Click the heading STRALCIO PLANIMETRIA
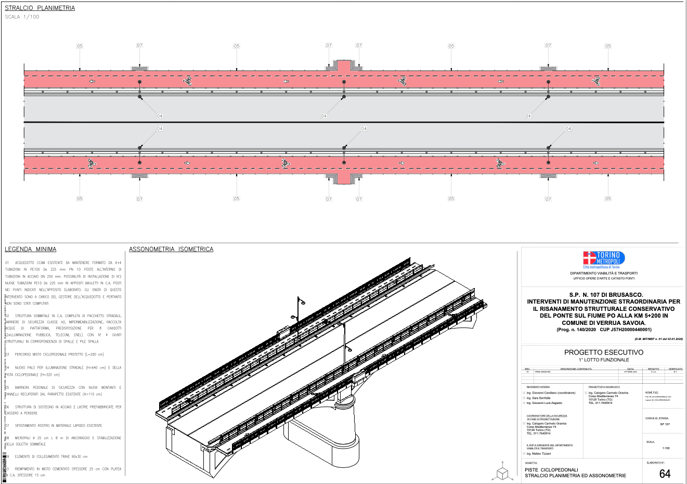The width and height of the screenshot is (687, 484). (40, 8)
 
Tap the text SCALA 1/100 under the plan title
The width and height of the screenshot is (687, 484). (22, 17)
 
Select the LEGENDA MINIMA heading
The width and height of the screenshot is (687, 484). (30, 249)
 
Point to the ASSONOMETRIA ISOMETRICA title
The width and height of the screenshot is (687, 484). (171, 249)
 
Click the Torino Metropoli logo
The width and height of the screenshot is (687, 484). (603, 259)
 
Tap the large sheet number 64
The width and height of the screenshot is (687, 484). (665, 474)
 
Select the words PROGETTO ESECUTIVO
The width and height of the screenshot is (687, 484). (603, 352)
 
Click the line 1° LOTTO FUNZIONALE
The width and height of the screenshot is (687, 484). (603, 360)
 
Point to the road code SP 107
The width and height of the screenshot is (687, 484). (665, 424)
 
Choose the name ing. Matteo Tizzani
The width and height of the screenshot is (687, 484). (539, 454)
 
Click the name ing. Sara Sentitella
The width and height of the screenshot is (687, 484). (538, 398)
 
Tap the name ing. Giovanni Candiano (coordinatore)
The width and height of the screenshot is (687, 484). (551, 393)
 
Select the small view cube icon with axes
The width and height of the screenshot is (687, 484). (502, 473)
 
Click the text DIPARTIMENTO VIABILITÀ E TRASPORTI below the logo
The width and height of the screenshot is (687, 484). (603, 273)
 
